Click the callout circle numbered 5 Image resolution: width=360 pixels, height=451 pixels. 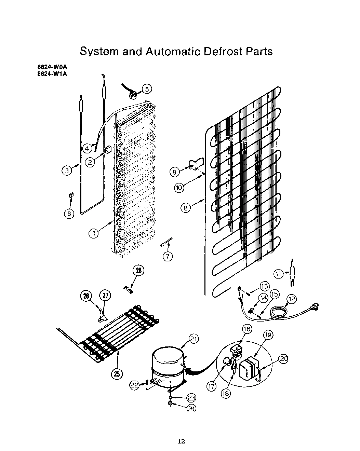tap(147, 89)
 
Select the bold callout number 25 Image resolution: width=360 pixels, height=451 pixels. tap(117, 374)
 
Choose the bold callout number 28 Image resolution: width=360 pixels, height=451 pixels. tap(138, 271)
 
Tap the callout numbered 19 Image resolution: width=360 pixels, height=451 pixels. tap(268, 335)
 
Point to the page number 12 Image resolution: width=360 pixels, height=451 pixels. tap(181, 441)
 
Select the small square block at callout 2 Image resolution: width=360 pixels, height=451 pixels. tap(108, 150)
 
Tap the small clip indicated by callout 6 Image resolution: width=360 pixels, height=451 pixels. tap(71, 195)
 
